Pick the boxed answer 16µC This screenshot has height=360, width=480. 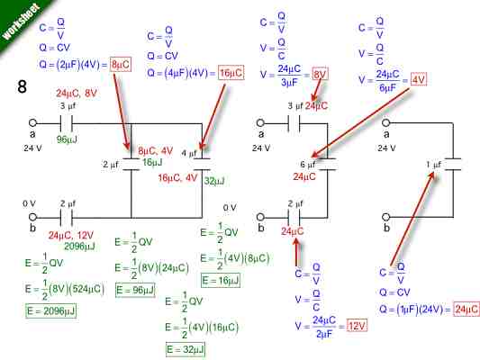tap(231, 71)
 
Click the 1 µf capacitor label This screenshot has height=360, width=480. tap(434, 164)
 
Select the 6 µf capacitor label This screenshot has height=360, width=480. tap(307, 164)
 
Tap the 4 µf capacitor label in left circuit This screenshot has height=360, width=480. tap(188, 153)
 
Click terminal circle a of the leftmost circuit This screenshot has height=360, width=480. tap(34, 123)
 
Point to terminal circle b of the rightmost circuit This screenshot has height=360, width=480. tap(388, 216)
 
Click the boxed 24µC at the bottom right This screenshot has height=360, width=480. tap(466, 309)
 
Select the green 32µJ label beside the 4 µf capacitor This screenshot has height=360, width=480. tap(214, 180)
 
